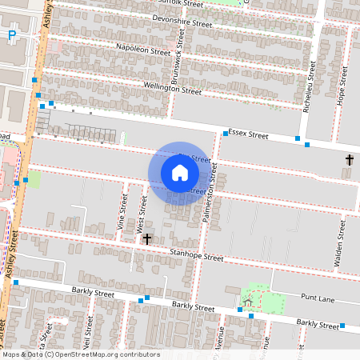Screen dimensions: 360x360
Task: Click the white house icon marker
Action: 180,172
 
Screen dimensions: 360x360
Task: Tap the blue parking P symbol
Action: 12,34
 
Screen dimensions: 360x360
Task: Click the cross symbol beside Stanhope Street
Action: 147,238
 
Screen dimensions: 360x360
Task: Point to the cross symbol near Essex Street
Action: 349,161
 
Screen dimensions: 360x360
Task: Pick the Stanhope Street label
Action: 196,257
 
